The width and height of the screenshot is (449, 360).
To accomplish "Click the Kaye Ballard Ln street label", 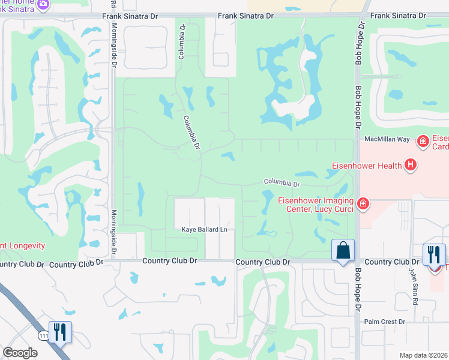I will coord(206,229).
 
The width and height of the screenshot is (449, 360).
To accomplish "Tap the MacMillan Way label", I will coord(387,139).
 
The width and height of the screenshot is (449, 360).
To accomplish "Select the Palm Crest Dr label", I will coord(385,322).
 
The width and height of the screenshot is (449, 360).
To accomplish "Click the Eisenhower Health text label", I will coord(367,164).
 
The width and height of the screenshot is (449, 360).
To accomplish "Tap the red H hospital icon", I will coord(411,164).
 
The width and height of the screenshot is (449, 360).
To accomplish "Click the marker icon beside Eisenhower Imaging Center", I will coord(363,205).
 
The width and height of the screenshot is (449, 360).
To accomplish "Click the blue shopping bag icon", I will coord(343,250).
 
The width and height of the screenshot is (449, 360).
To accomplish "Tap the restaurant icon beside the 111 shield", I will coord(60,332).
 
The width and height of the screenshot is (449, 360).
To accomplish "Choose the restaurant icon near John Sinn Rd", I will coord(433,254).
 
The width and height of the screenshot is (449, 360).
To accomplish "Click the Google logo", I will coord(20,353).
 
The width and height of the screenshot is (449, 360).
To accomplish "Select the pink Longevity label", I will coord(23,245).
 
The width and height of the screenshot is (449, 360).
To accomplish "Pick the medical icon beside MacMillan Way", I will coord(423,141).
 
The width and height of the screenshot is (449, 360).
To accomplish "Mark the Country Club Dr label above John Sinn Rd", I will coord(391,262).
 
